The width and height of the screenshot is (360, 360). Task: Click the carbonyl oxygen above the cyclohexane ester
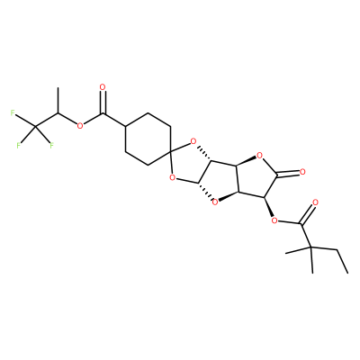103,87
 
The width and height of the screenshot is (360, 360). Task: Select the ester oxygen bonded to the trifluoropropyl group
79,125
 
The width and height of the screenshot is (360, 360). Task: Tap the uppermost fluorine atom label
13,112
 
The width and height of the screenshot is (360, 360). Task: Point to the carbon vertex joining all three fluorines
35,128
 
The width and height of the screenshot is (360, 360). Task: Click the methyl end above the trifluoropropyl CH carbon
58,88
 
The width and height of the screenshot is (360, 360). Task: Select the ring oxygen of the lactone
259,156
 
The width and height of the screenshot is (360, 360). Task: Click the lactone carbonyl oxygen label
302,172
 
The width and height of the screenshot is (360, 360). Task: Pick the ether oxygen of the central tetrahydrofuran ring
214,203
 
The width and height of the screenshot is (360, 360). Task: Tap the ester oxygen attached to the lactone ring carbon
274,221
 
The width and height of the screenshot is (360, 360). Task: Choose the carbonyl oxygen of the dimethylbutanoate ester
315,202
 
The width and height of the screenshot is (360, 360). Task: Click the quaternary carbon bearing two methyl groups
310,247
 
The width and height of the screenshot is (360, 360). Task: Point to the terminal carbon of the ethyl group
347,273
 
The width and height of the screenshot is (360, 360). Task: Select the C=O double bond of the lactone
288,173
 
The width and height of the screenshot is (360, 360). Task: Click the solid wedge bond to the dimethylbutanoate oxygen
269,207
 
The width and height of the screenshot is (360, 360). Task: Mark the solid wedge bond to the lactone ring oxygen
247,160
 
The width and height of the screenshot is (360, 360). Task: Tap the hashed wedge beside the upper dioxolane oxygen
204,155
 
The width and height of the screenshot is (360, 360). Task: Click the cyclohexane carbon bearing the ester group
125,125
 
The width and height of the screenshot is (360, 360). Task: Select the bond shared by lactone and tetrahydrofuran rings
238,178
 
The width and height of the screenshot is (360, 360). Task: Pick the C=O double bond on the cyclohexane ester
103,103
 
